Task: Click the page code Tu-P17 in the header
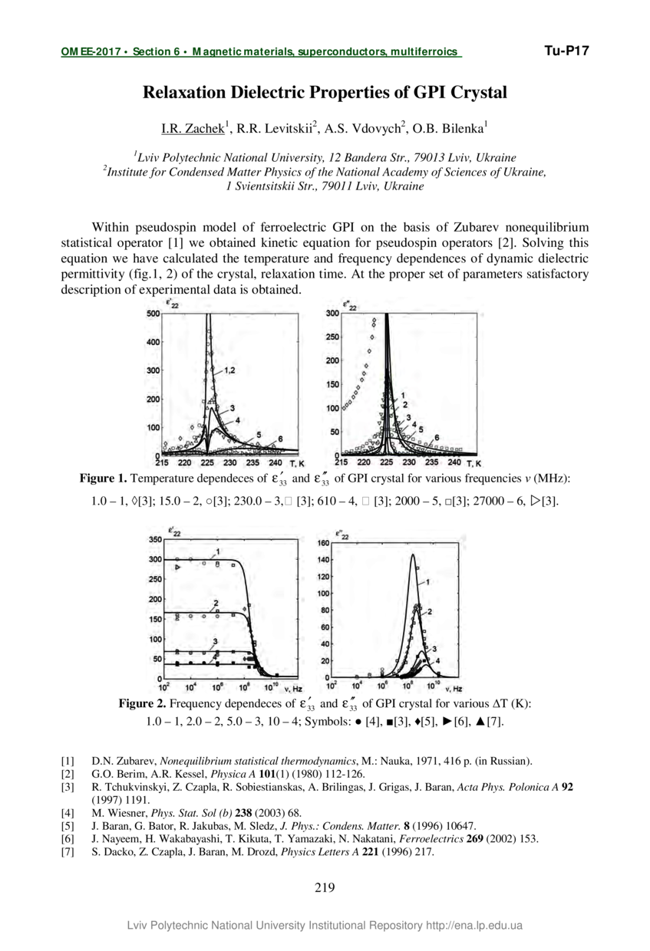point(566,51)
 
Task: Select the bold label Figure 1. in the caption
point(104,479)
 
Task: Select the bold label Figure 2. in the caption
point(142,704)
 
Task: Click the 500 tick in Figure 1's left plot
point(153,314)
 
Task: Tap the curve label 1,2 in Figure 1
point(229,370)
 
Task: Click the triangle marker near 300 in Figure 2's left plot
point(178,567)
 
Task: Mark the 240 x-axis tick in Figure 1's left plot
point(276,463)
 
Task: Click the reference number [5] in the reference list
point(68,826)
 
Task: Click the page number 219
point(325,888)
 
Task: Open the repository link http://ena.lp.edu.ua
point(474,926)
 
